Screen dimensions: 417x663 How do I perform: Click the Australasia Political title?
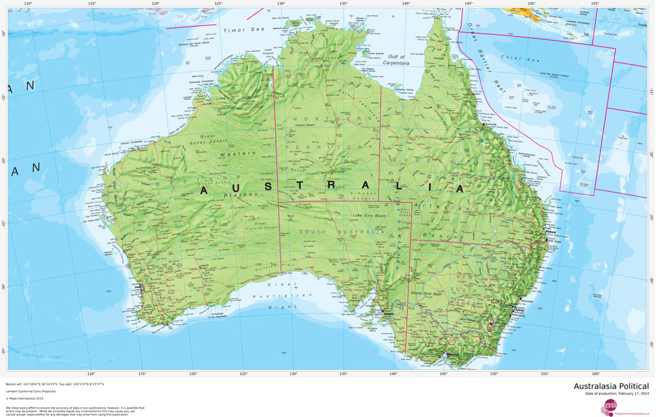click(x=611, y=386)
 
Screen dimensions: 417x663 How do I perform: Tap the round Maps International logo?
click(x=610, y=407)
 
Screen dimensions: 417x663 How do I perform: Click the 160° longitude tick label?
click(x=595, y=374)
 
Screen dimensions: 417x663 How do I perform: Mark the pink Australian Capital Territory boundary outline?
click(x=491, y=324)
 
